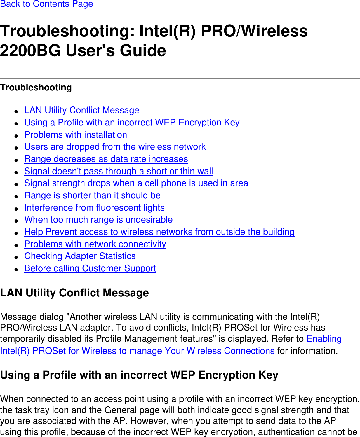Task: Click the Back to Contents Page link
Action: [x=46, y=4]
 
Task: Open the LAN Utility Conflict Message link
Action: [x=82, y=110]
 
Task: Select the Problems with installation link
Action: [x=76, y=135]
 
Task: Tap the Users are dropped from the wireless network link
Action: [x=115, y=147]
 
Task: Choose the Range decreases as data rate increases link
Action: [x=106, y=159]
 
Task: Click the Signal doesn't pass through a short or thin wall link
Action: [x=119, y=171]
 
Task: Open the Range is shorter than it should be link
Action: [x=92, y=195]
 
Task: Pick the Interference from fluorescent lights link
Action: [x=94, y=208]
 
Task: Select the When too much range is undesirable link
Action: [x=98, y=220]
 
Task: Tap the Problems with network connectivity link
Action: [x=95, y=244]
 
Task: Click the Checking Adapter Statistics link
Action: [x=80, y=256]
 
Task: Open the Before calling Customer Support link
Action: [x=90, y=268]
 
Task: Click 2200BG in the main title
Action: [x=30, y=50]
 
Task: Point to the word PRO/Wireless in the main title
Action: [x=254, y=31]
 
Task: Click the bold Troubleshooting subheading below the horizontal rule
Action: [x=36, y=88]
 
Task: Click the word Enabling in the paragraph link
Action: [x=324, y=339]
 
